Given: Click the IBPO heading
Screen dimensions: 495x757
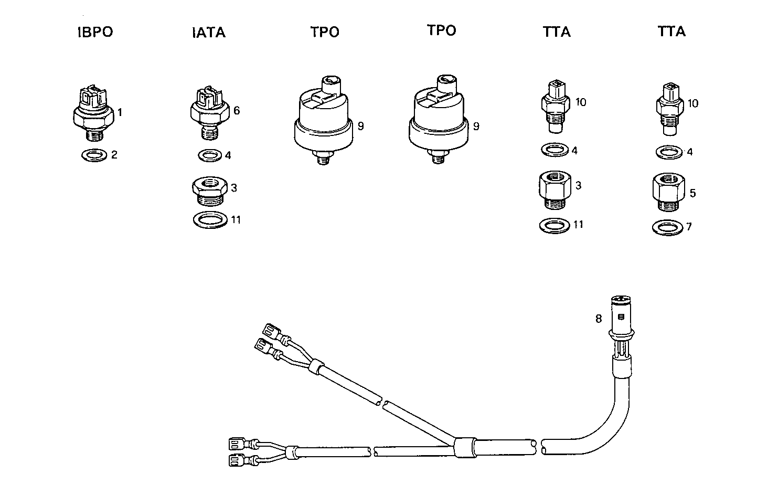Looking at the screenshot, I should (95, 32).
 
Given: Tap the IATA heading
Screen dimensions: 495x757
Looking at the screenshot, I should (208, 33).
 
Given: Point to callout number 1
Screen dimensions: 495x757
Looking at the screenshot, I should (120, 112).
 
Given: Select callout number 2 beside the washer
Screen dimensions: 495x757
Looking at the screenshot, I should (114, 155).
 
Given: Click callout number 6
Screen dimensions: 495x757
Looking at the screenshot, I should (236, 111).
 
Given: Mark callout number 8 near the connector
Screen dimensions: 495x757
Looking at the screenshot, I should (598, 318).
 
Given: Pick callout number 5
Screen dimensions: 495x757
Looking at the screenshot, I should (692, 194).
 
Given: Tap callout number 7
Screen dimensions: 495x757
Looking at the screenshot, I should (689, 227).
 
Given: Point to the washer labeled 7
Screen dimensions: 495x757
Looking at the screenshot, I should (667, 228).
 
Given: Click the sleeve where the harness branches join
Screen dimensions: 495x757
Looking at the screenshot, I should (464, 448).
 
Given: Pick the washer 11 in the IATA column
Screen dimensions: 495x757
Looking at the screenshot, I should (210, 219).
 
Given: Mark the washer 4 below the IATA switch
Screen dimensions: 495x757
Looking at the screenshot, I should (210, 155).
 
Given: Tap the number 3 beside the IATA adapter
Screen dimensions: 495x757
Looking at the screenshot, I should (233, 188).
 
